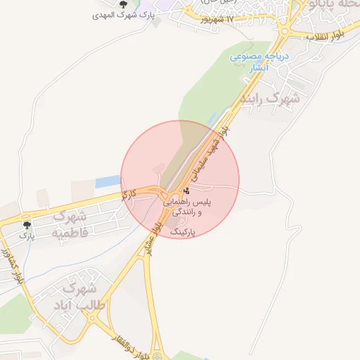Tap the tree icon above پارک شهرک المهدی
123,4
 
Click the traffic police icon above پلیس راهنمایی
186,191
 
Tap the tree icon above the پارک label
27,225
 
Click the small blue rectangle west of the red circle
108,181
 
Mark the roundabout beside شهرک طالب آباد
94,318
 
